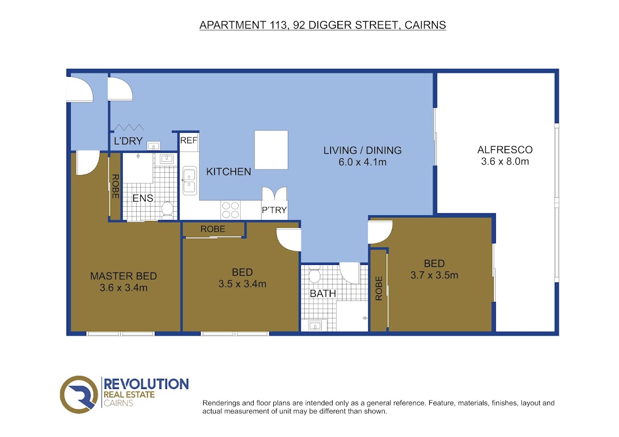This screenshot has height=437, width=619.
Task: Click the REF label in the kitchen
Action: click(x=189, y=141)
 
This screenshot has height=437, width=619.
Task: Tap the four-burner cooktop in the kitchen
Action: click(x=231, y=210)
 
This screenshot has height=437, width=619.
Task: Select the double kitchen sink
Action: click(x=190, y=180)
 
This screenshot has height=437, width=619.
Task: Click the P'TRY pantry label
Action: click(x=274, y=210)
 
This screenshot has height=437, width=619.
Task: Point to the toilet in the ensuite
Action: click(x=167, y=210)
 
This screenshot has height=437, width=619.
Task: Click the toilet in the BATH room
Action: click(x=314, y=274)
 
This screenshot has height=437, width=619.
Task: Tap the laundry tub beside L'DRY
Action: click(x=153, y=146)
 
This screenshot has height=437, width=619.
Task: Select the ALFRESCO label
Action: click(x=505, y=150)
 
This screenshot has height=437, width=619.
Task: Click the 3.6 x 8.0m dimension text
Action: click(x=505, y=161)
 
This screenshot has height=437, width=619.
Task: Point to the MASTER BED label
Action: click(x=123, y=276)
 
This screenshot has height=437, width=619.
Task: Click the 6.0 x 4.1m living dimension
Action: click(x=362, y=162)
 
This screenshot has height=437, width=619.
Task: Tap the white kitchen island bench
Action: click(x=271, y=150)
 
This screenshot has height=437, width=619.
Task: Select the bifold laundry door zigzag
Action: click(x=129, y=127)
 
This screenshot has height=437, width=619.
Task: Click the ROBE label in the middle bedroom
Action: click(x=213, y=229)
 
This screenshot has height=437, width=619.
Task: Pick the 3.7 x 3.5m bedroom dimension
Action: click(x=434, y=275)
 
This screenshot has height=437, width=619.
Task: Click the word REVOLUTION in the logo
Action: click(x=146, y=384)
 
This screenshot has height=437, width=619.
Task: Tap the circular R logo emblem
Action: click(x=79, y=395)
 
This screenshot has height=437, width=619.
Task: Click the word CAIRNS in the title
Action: click(x=425, y=25)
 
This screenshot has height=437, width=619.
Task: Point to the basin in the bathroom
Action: click(x=315, y=326)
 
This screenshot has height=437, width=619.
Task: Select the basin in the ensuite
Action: click(x=167, y=159)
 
